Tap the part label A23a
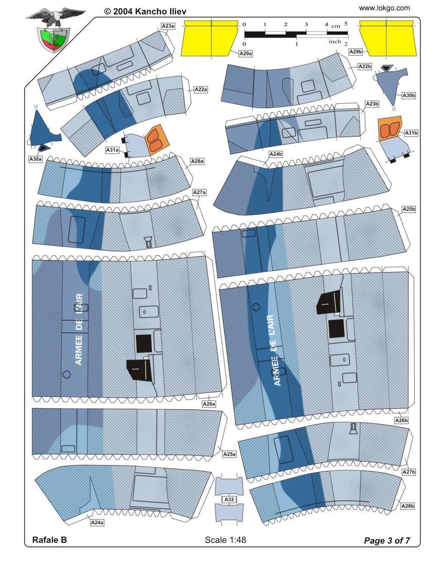(x=168, y=26)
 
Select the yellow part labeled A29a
(x=209, y=38)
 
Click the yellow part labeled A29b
(x=388, y=38)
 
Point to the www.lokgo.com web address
(x=384, y=8)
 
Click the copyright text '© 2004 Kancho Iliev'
(x=145, y=11)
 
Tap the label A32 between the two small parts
(x=229, y=499)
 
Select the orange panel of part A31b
(x=390, y=128)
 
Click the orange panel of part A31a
(x=157, y=140)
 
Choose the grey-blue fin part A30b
(x=390, y=83)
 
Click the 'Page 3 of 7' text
(x=387, y=540)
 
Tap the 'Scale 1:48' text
(x=225, y=539)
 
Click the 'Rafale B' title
(x=50, y=539)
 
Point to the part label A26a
(x=209, y=404)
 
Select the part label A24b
(x=275, y=154)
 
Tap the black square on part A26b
(x=336, y=329)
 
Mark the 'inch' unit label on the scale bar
(x=335, y=41)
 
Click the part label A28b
(x=408, y=506)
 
